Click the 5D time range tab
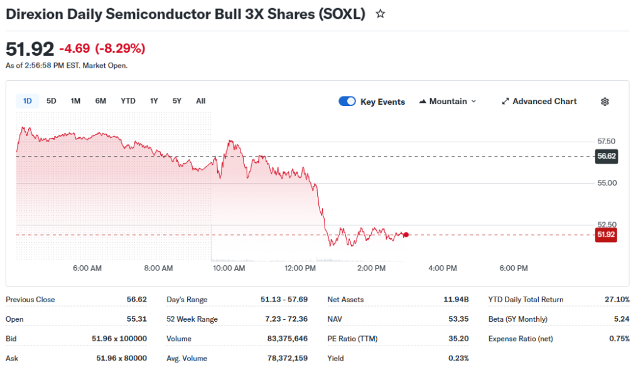click(51, 101)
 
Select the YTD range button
click(128, 101)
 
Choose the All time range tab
click(200, 101)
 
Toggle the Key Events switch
click(347, 102)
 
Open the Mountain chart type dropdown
click(448, 102)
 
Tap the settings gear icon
click(605, 102)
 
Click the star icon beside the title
click(380, 14)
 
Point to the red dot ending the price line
click(406, 235)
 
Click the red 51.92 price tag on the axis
click(606, 235)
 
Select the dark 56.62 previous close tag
click(606, 156)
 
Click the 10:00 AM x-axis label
click(229, 268)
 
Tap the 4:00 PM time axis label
click(443, 268)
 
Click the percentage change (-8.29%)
click(120, 48)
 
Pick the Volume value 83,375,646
click(288, 339)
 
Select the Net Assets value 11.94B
click(456, 300)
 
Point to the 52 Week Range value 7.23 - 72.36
click(286, 319)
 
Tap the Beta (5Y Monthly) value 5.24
click(622, 319)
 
